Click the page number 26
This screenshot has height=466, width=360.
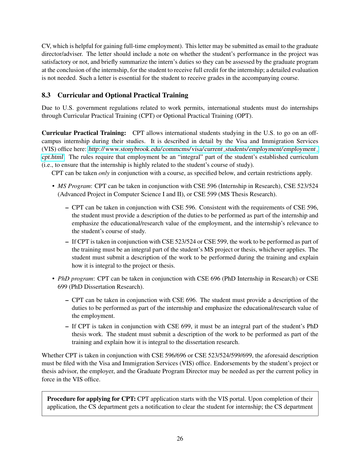coord(180,438)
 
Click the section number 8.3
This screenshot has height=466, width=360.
coord(46,95)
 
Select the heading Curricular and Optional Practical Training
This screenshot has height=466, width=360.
coord(123,95)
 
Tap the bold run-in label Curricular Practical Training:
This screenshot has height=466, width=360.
coord(84,133)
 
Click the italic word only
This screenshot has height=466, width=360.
coord(104,173)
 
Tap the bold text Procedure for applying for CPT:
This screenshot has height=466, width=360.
coord(91,399)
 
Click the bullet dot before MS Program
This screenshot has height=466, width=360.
coord(53,186)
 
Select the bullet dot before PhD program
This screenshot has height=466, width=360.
coord(53,279)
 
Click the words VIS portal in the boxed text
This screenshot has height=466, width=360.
coord(231,399)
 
